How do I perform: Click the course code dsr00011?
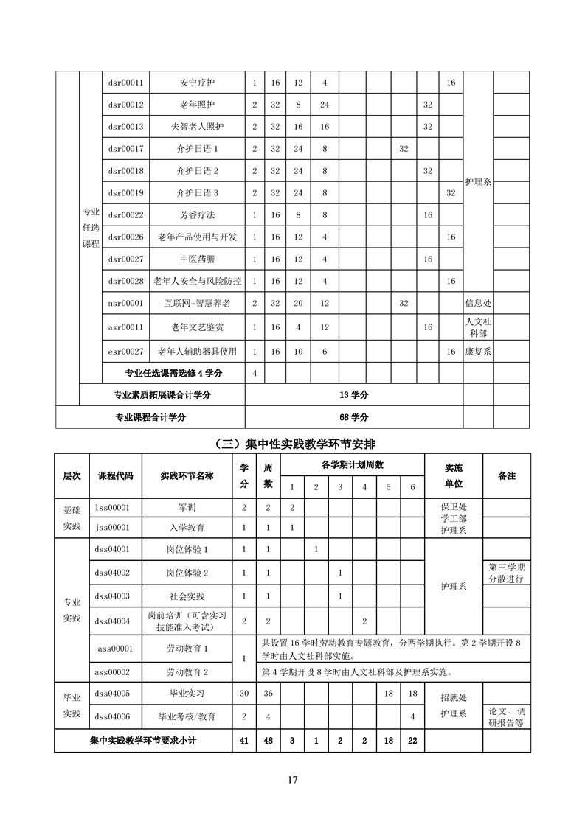[x=125, y=83]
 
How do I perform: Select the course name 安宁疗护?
[x=198, y=83]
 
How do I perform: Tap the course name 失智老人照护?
[x=198, y=127]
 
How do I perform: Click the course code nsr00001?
[x=125, y=303]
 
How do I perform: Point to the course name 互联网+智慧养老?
[x=198, y=303]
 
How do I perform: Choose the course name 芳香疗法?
[x=198, y=215]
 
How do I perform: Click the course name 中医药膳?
[x=198, y=259]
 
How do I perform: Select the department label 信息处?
[x=478, y=303]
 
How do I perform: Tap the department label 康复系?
[x=478, y=352]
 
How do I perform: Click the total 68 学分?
[x=353, y=417]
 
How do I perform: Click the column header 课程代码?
[x=116, y=475]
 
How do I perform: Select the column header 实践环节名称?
[x=187, y=475]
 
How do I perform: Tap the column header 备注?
[x=507, y=475]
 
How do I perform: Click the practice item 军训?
[x=187, y=508]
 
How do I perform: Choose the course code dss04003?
[x=113, y=596]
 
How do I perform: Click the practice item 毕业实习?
[x=187, y=694]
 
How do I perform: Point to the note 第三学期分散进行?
[x=507, y=573]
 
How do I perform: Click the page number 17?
[x=293, y=781]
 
